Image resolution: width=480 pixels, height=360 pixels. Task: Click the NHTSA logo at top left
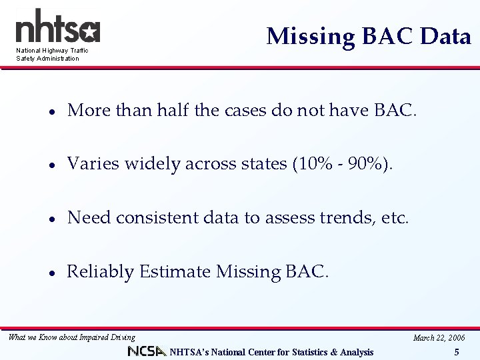point(57,28)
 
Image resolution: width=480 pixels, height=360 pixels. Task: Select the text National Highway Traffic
point(52,51)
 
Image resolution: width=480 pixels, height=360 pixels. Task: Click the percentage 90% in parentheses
point(367,163)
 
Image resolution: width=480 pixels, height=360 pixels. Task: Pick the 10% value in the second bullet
point(315,163)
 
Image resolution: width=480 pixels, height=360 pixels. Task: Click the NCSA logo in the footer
point(147,351)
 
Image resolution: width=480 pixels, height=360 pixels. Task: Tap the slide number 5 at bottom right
point(457,352)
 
